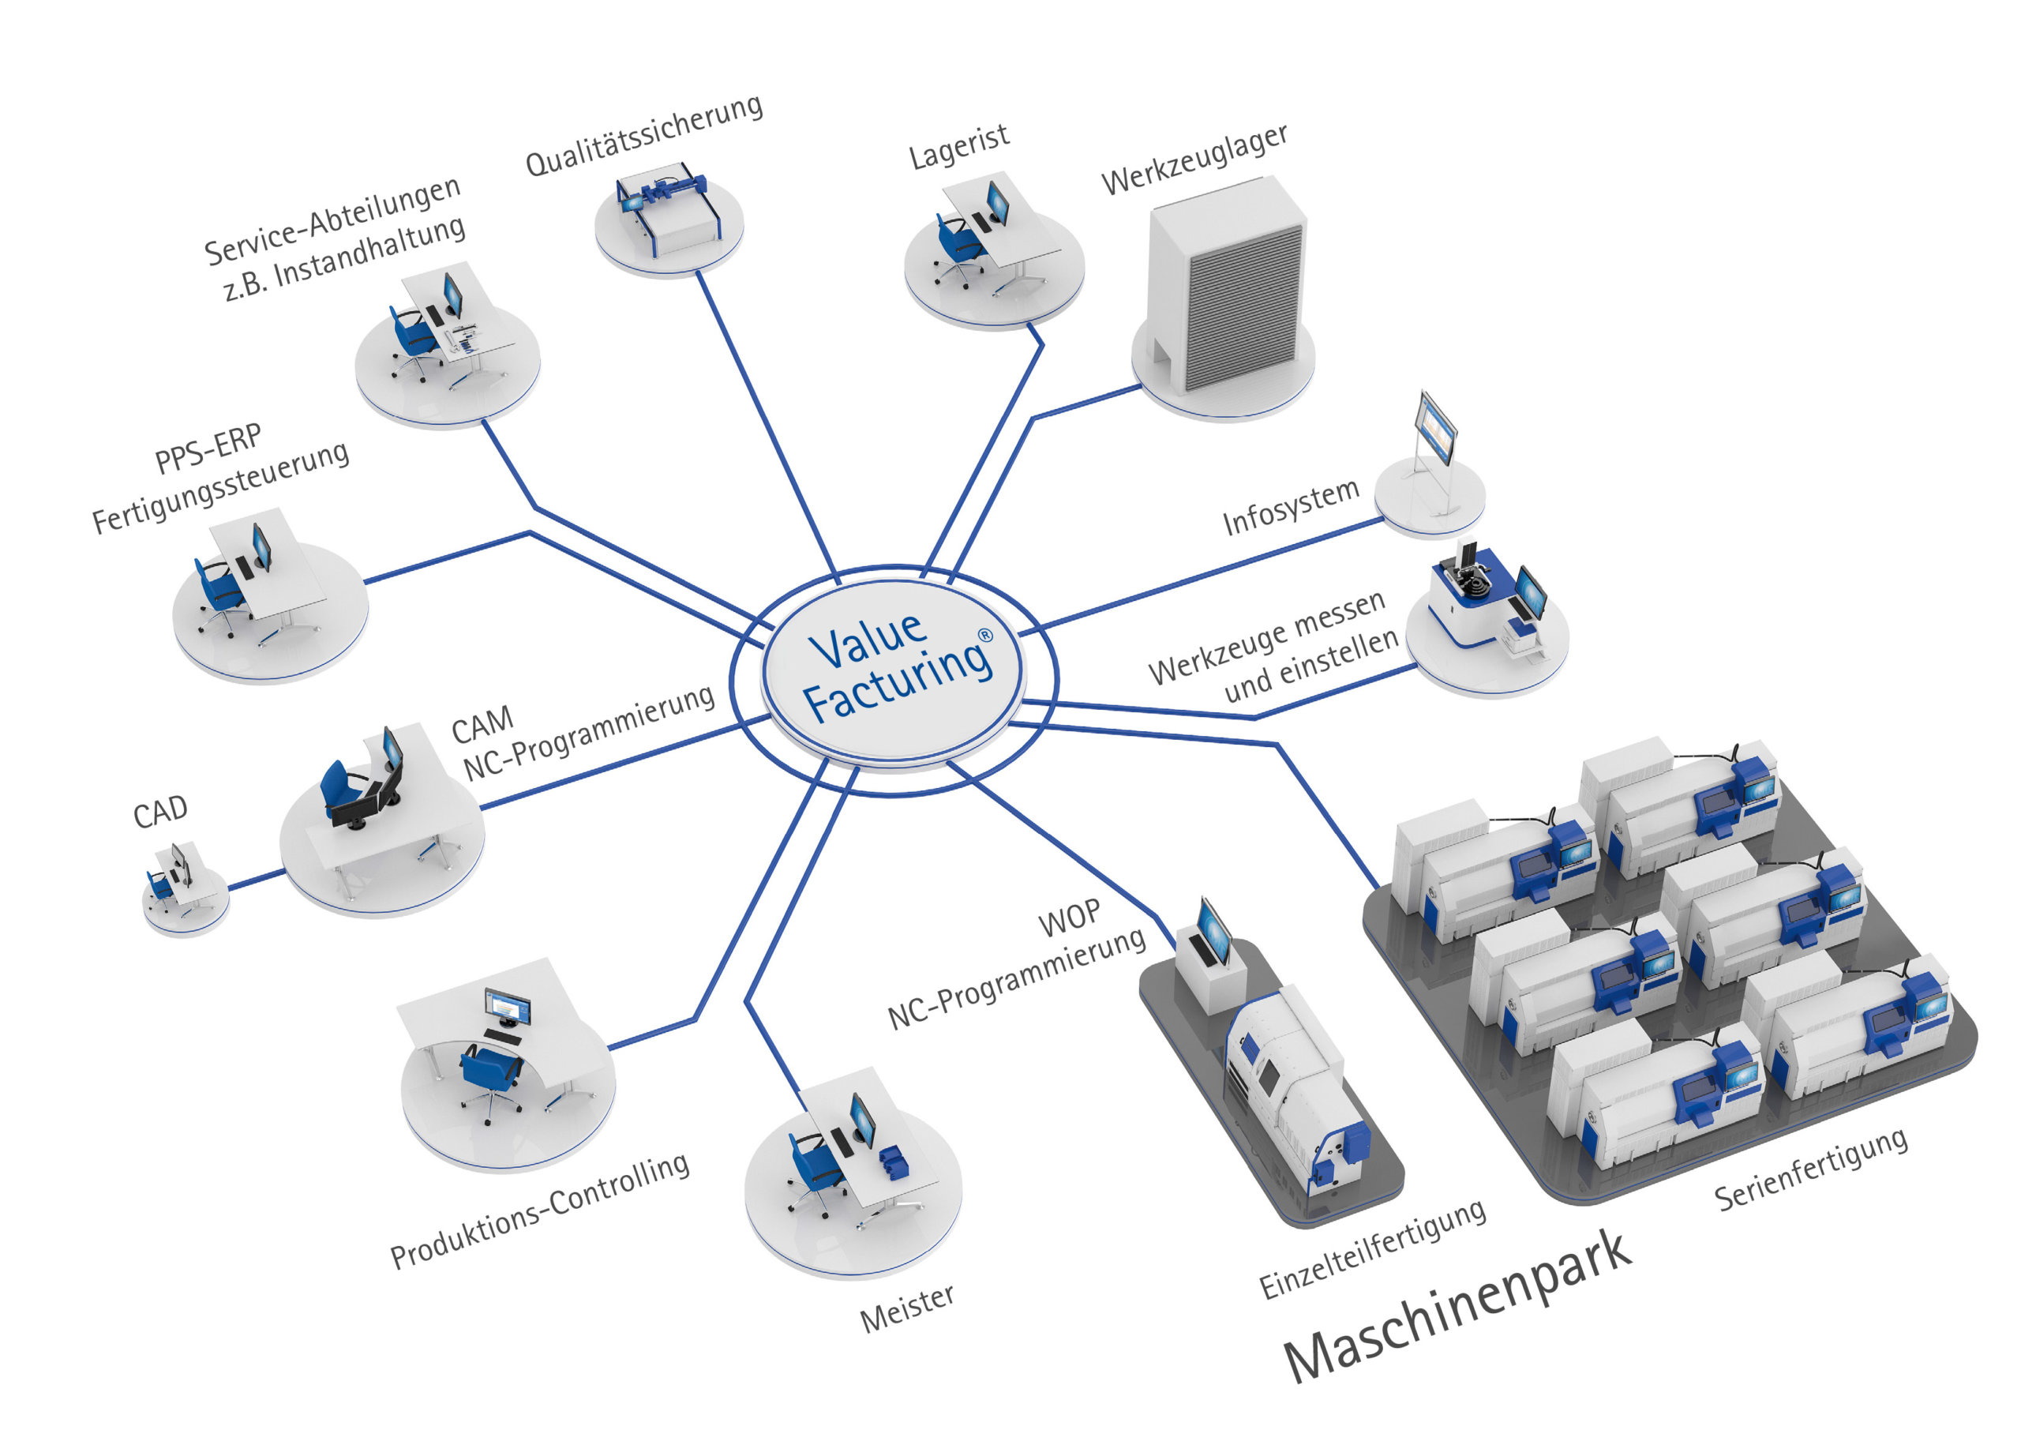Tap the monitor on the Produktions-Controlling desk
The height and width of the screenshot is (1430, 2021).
tap(507, 1007)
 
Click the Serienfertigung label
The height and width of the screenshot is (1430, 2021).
tap(1812, 1169)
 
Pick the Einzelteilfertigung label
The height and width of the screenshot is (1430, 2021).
tap(1372, 1248)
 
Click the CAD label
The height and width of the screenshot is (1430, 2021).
tap(160, 811)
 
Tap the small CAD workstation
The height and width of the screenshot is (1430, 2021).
tap(181, 880)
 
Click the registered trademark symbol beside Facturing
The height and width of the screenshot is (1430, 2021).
tap(986, 635)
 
